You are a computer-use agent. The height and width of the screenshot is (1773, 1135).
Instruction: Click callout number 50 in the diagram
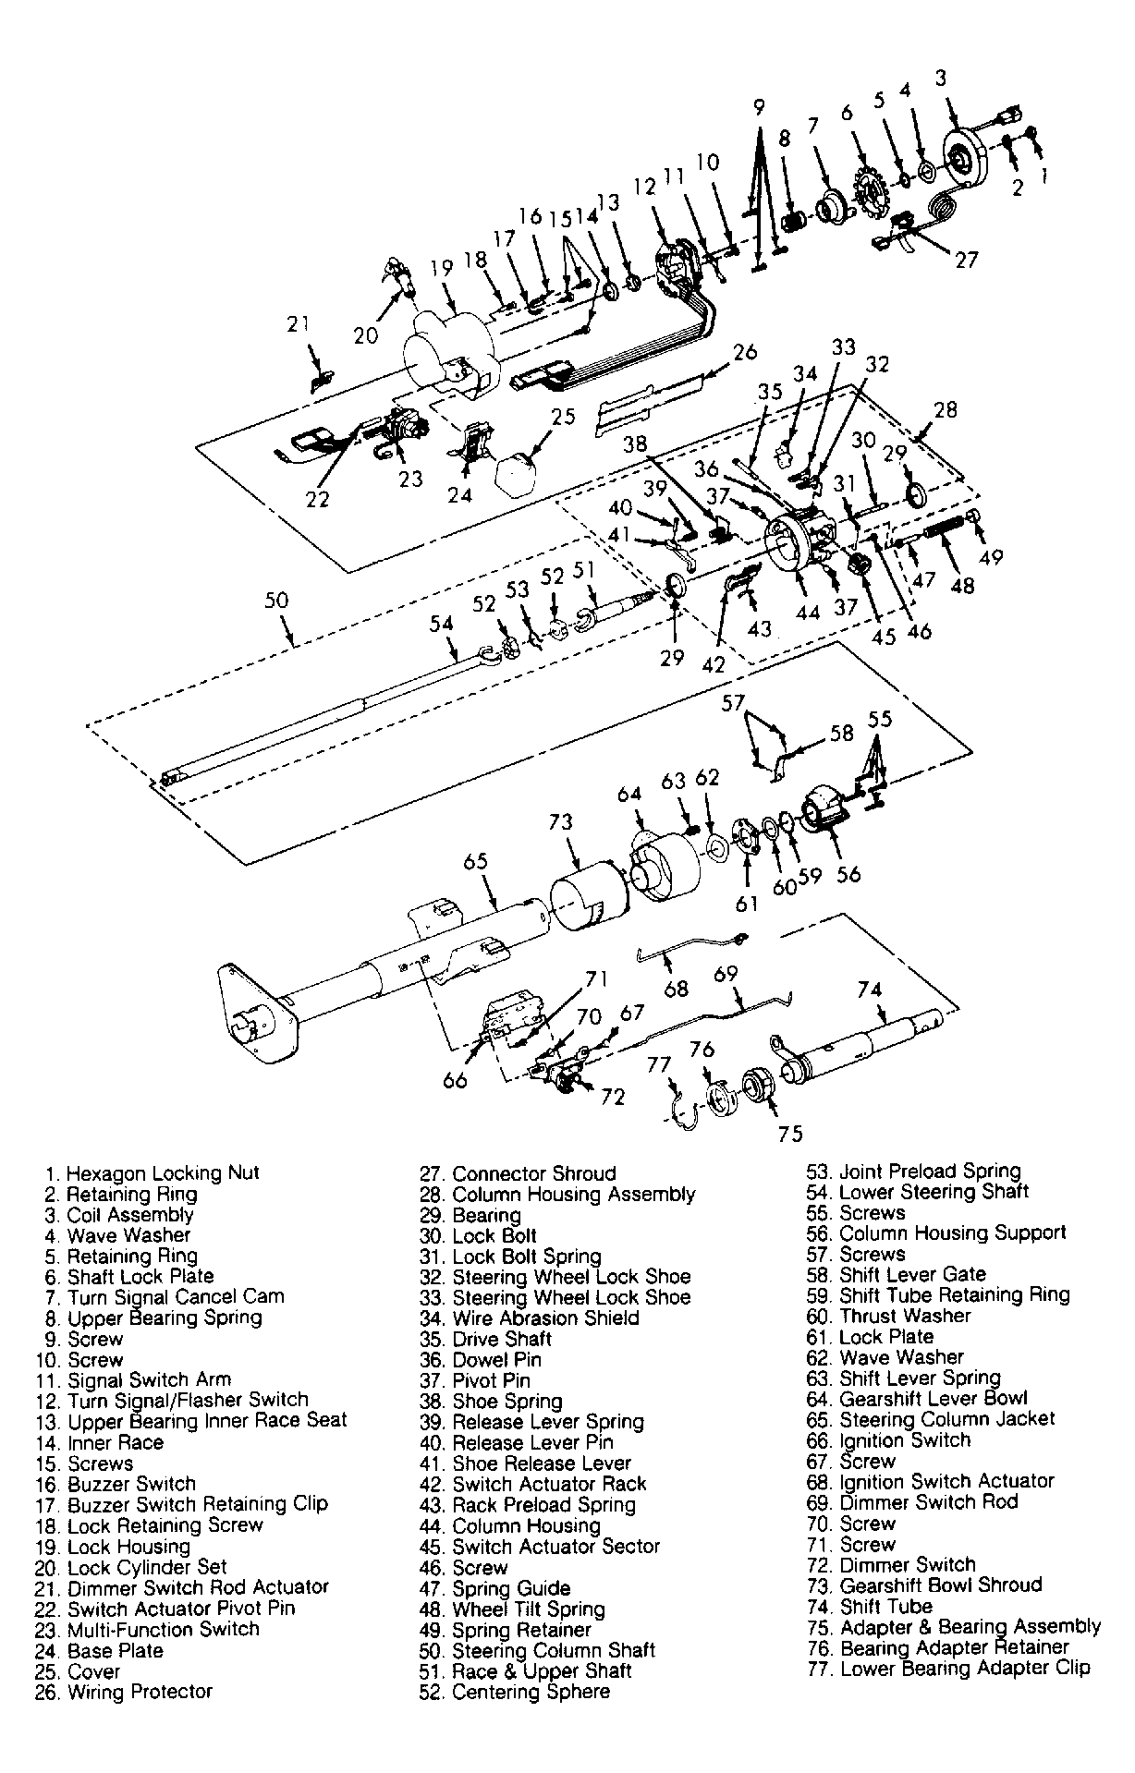pos(276,601)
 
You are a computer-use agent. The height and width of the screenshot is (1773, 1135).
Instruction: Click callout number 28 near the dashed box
pos(946,409)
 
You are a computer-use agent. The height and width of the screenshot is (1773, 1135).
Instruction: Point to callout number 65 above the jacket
pos(475,862)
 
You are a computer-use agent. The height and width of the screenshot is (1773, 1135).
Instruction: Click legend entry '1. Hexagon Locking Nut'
pos(153,1173)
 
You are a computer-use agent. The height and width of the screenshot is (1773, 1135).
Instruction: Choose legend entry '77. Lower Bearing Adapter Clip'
pos(948,1668)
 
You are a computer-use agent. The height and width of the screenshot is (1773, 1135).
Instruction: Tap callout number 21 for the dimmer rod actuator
pos(297,324)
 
